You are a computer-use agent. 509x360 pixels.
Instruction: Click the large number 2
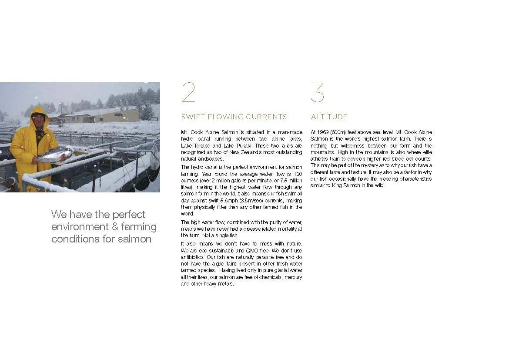pyautogui.click(x=188, y=93)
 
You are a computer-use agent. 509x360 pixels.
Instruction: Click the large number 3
pyautogui.click(x=317, y=93)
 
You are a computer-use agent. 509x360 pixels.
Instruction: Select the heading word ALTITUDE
pyautogui.click(x=329, y=117)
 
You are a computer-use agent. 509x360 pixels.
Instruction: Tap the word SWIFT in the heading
pyautogui.click(x=191, y=117)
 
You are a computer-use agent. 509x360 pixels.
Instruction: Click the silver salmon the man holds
pyautogui.click(x=55, y=155)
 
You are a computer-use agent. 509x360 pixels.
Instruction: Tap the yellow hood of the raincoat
pyautogui.click(x=39, y=112)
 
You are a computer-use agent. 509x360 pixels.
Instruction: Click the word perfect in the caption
pyautogui.click(x=129, y=215)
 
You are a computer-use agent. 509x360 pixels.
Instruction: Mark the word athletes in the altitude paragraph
pyautogui.click(x=321, y=159)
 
